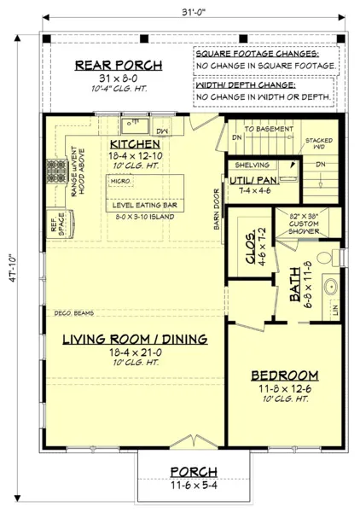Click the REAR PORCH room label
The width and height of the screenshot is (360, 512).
115,66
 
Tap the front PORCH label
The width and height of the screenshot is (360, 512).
193,471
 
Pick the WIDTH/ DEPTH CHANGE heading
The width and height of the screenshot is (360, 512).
245,84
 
